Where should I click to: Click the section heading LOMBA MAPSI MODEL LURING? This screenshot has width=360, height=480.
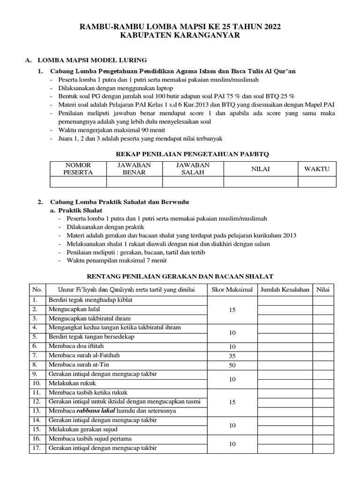point(92,60)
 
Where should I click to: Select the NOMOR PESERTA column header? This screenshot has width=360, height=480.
point(78,169)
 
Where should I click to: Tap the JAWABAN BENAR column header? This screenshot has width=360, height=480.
point(134,169)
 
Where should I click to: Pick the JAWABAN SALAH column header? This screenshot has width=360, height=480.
point(193,169)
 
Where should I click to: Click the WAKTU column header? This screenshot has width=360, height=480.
point(317,169)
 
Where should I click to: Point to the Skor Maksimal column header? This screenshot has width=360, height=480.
point(232,290)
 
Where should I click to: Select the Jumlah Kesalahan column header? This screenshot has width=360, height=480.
point(285,290)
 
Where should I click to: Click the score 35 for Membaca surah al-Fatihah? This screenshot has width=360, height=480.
point(232,356)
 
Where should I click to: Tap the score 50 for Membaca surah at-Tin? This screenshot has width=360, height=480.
point(232,365)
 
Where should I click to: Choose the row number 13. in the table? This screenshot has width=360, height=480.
point(36,411)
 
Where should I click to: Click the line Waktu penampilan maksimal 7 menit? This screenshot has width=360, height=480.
point(116,260)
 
